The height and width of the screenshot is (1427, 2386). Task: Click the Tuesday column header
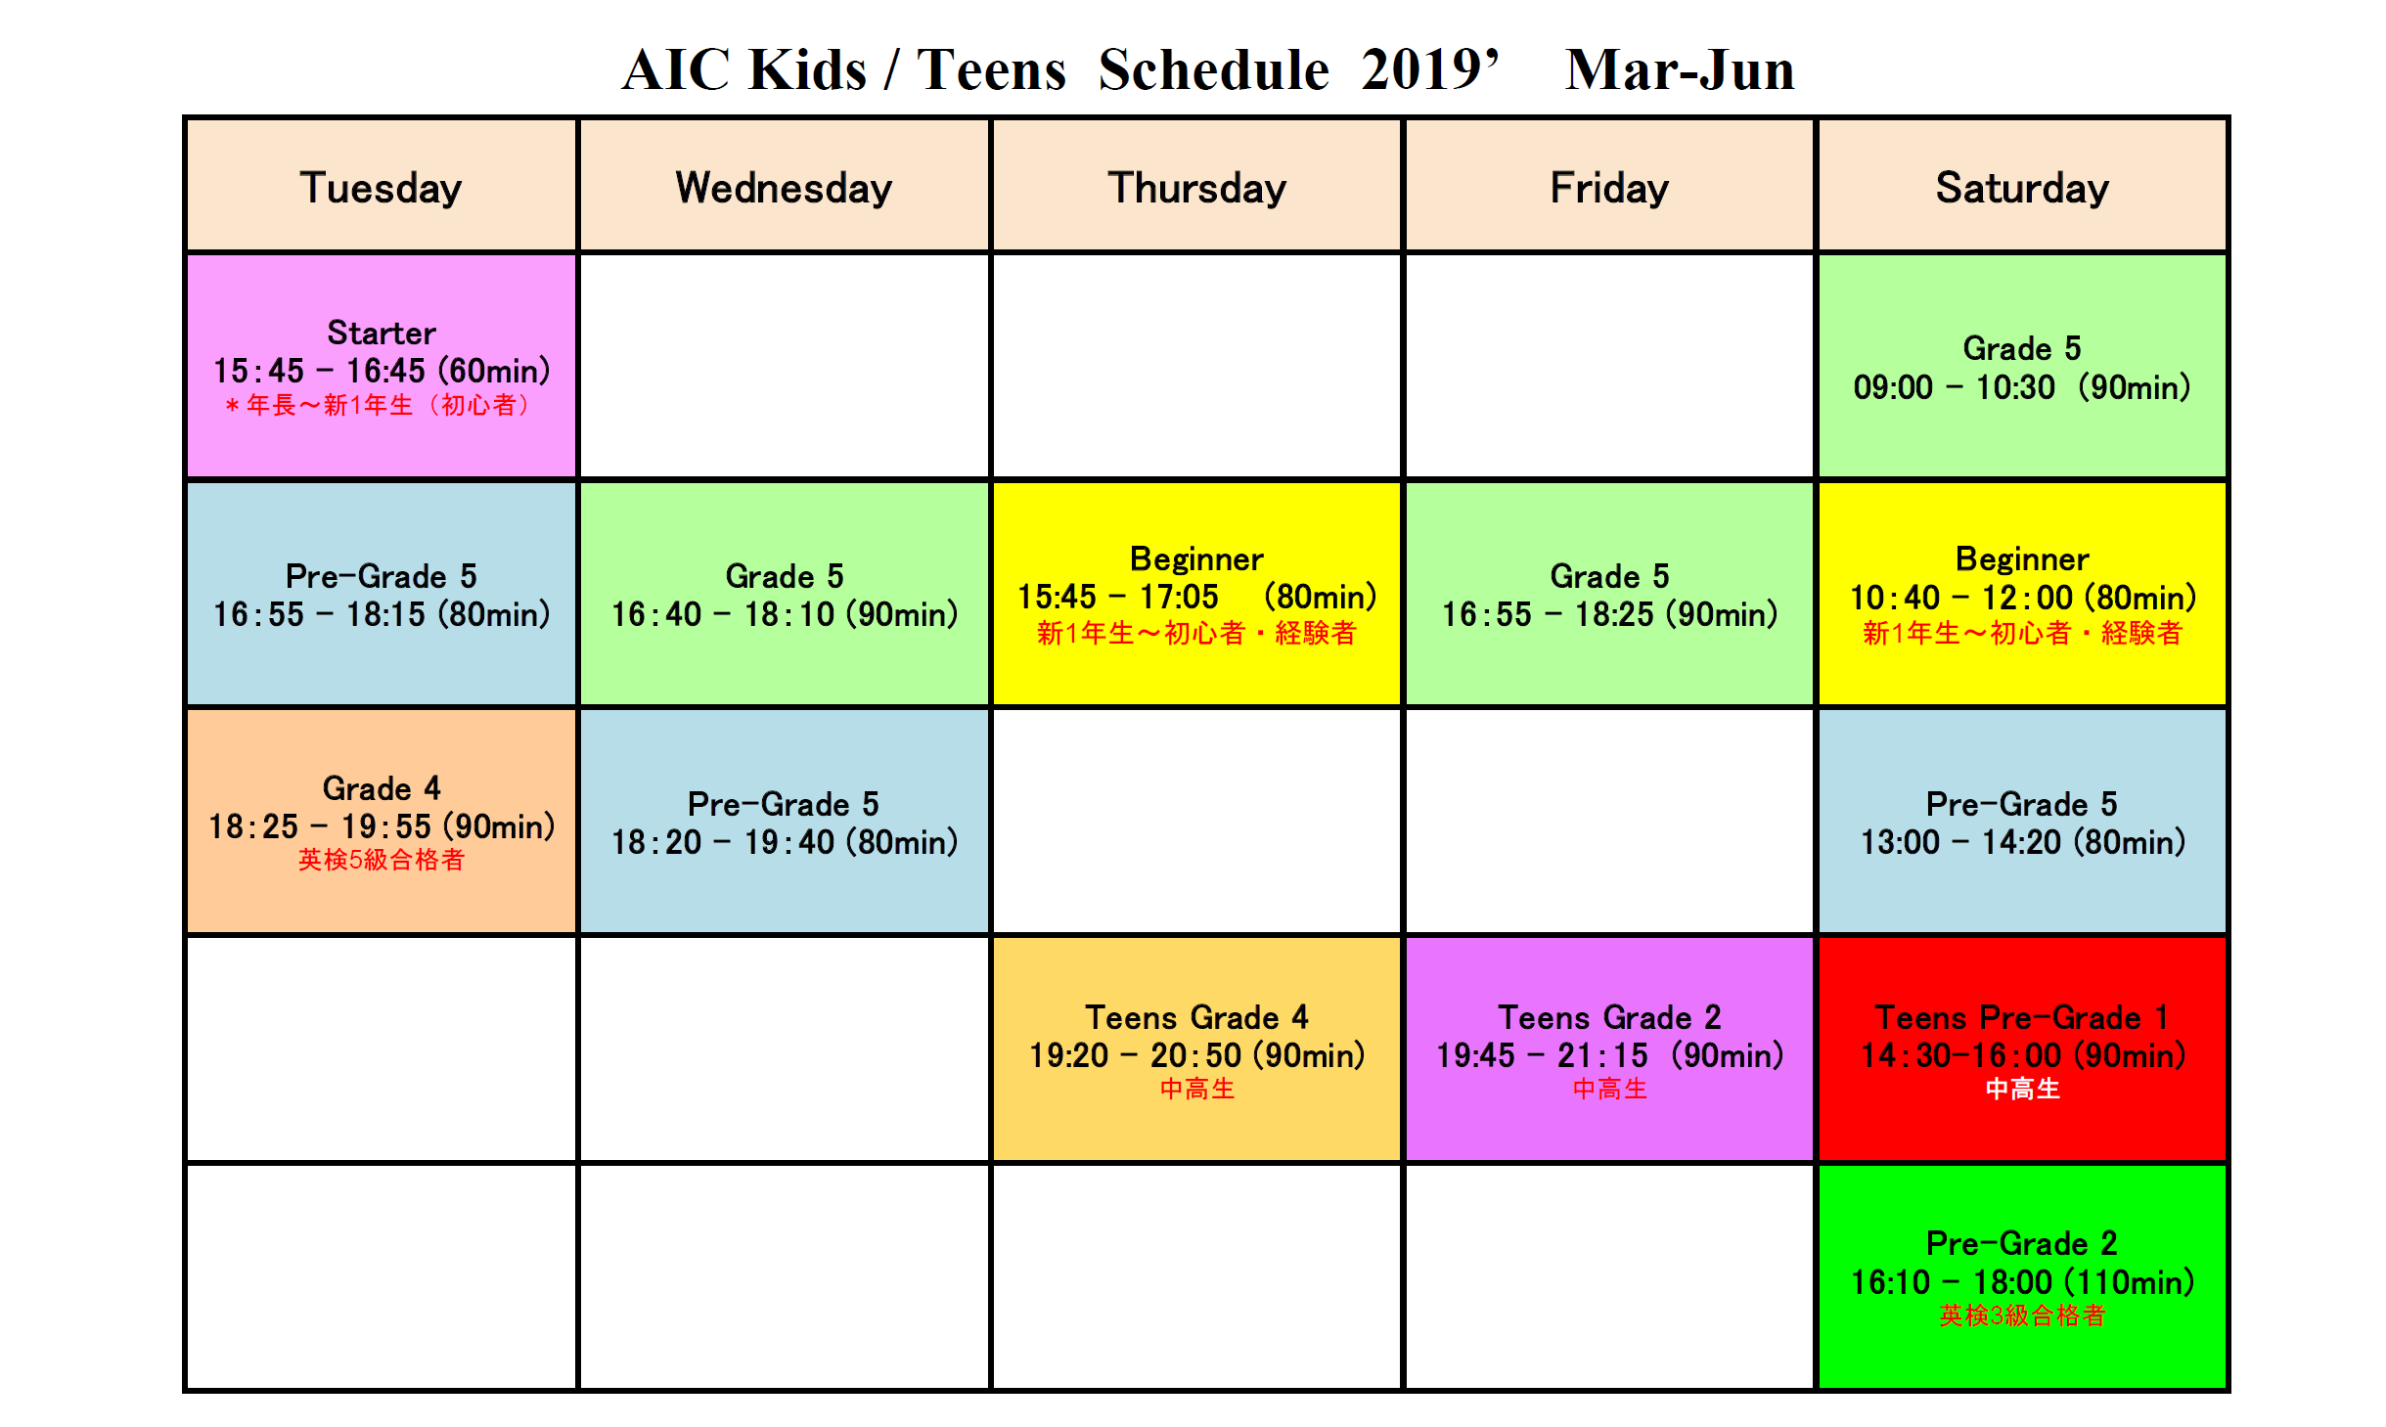pos(381,186)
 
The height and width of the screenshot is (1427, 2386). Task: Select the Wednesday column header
pos(784,186)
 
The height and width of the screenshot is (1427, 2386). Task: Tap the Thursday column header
pos(1196,186)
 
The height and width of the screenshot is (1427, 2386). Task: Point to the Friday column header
pos(1609,186)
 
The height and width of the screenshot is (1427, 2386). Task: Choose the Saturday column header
pos(2022,186)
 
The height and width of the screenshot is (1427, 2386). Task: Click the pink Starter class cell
pos(381,366)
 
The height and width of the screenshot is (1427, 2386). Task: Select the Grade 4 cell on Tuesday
pos(381,821)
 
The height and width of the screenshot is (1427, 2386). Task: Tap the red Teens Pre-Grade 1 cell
pos(2022,1048)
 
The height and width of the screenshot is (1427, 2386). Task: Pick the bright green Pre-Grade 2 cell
pos(2022,1276)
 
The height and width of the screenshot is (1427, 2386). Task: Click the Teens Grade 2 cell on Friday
pos(1609,1048)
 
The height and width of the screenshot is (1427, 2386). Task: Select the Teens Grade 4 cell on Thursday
pos(1196,1048)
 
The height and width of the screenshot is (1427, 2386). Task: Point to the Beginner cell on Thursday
pos(1196,594)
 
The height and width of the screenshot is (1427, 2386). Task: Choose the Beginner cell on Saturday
pos(2022,594)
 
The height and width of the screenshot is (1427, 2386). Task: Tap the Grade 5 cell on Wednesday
pos(784,594)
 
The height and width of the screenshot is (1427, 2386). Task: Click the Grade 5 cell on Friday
pos(1609,594)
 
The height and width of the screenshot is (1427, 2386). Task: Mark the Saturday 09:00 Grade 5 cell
pos(2022,366)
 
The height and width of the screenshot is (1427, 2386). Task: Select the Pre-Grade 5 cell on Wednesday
pos(784,821)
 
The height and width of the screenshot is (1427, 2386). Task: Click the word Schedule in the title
pos(1214,70)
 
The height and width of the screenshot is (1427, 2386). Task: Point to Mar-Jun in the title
pos(1680,70)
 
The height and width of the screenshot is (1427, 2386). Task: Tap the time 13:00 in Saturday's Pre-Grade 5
pos(1900,842)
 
